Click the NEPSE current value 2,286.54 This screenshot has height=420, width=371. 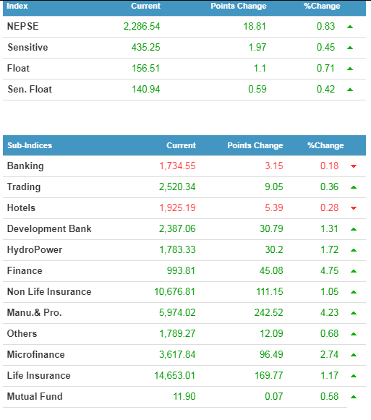pos(142,26)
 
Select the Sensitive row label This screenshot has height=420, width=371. pos(27,47)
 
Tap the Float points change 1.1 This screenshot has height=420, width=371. pos(260,68)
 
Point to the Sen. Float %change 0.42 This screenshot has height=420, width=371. pos(325,89)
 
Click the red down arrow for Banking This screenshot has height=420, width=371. pos(354,166)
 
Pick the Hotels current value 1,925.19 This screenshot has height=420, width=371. pos(177,208)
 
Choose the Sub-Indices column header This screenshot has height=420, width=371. pos(30,145)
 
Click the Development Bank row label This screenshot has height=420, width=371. pos(49,228)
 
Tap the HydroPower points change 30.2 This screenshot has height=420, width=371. pos(273,249)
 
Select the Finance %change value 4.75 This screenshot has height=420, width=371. pos(330,270)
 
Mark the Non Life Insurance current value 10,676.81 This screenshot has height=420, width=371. pos(175,292)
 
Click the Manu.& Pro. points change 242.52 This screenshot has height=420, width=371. pos(268,312)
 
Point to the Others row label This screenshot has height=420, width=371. pos(22,333)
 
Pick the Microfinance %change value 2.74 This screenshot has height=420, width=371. pos(330,354)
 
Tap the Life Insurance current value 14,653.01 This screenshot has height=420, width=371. pos(175,375)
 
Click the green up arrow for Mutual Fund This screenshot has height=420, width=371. pos(354,397)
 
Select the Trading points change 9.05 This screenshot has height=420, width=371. pos(274,187)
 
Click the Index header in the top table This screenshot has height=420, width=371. pos(17,6)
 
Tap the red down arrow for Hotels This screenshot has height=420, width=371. pos(354,208)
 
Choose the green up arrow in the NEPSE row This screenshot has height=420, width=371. pos(350,27)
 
